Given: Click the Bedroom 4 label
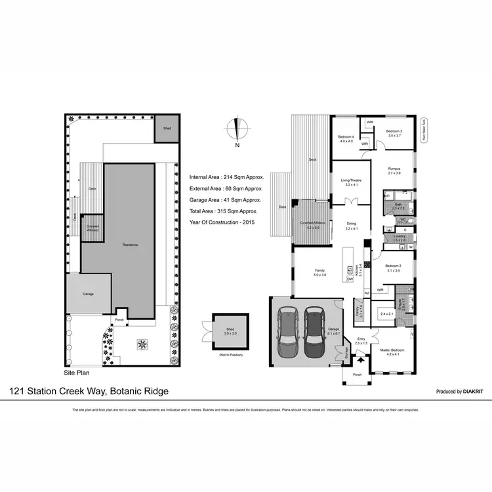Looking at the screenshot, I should (346, 138).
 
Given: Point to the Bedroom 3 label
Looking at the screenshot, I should (394, 133).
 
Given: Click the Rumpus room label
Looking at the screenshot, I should (394, 171).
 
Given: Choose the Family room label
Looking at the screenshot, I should (320, 272).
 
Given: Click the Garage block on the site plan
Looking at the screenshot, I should (88, 293).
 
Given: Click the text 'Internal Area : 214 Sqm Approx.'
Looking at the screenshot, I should (226, 177).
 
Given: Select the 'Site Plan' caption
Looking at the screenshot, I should (76, 372).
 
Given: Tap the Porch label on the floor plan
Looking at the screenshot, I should (357, 375).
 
